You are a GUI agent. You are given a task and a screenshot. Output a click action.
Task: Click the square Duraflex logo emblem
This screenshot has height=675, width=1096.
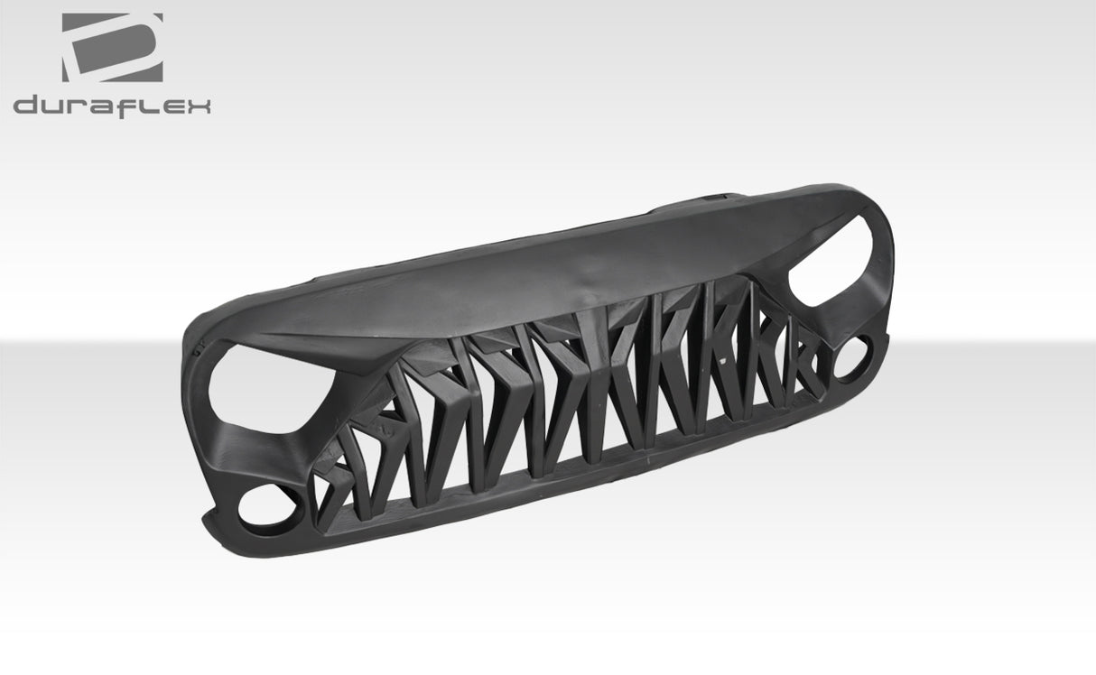(112, 48)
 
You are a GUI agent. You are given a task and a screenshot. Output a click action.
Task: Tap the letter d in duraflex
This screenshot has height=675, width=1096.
(27, 106)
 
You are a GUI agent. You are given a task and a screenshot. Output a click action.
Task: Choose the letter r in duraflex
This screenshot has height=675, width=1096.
(82, 106)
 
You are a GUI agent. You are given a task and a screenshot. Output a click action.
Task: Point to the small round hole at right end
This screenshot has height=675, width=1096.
(853, 357)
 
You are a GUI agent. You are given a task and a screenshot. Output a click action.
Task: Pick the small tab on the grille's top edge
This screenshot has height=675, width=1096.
(713, 193)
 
